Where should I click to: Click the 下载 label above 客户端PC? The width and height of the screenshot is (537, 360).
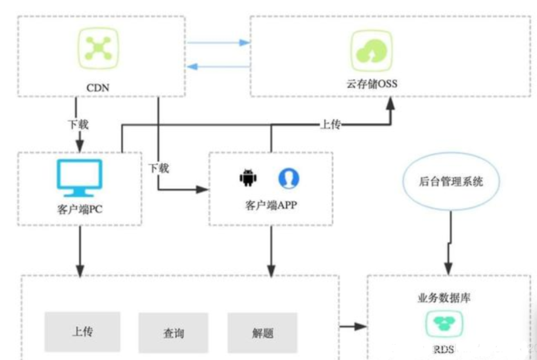coord(78,124)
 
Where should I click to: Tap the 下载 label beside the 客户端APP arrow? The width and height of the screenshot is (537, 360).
coord(158,168)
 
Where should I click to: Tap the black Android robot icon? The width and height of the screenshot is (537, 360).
coord(247,177)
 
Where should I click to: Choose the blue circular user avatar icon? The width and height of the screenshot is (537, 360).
coord(289,178)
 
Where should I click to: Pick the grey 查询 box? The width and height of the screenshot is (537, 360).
coord(173,332)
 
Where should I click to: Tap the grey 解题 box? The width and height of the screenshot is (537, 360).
coord(262,332)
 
